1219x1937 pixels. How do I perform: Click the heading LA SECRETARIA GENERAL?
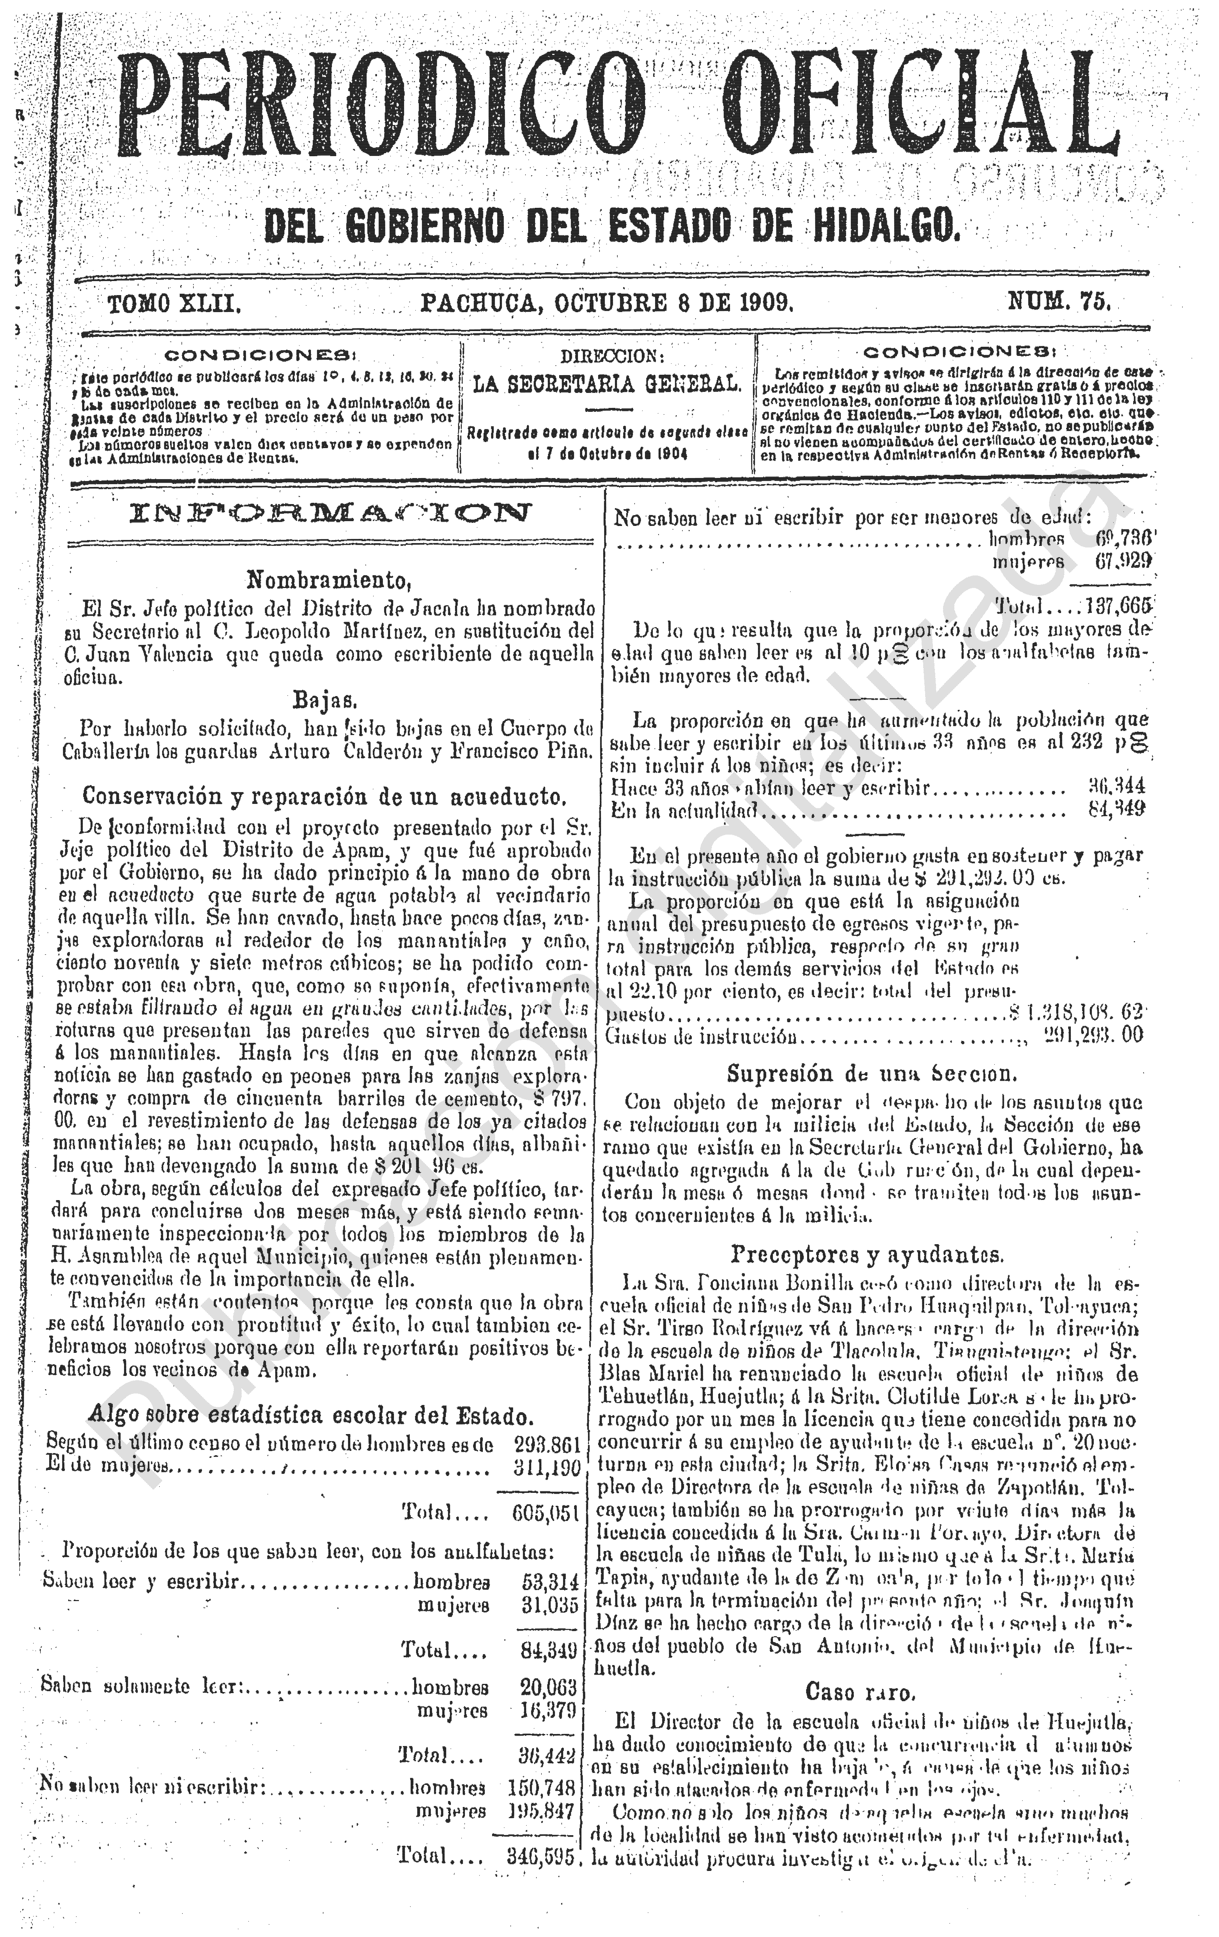(607, 385)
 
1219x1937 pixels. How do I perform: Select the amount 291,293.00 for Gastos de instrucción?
(1094, 1036)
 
